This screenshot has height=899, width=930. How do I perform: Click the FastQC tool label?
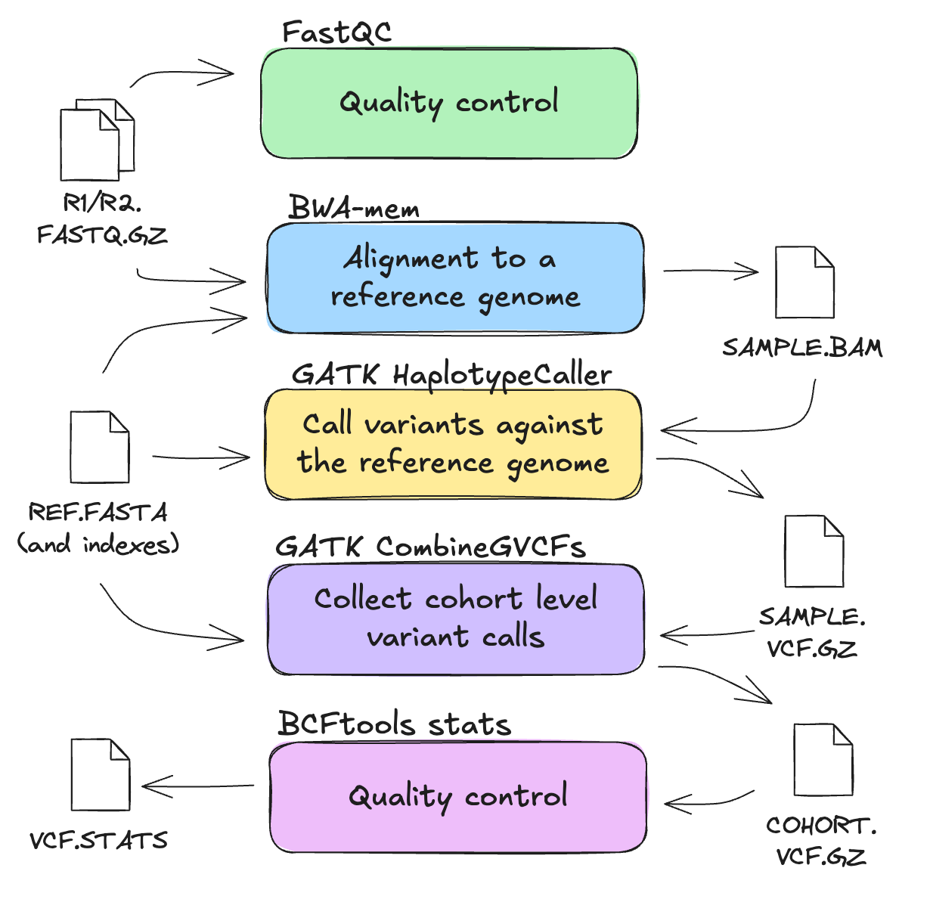point(336,33)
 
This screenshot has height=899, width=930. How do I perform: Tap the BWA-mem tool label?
point(354,207)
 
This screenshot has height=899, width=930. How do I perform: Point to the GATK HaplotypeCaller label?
point(451,375)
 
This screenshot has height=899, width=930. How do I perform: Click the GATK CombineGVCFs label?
point(430,547)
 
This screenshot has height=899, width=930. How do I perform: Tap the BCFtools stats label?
point(394,724)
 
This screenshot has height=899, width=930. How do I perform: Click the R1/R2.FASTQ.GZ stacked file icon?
point(96,140)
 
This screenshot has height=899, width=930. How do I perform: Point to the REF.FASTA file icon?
point(99,447)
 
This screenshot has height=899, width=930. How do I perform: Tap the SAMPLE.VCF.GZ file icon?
point(814,551)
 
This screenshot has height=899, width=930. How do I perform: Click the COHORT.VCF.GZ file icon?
point(823,759)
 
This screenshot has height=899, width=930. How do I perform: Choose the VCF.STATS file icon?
point(100,775)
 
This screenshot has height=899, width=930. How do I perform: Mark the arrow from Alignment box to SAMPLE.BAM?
point(711,271)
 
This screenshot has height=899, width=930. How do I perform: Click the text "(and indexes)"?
point(98,544)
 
